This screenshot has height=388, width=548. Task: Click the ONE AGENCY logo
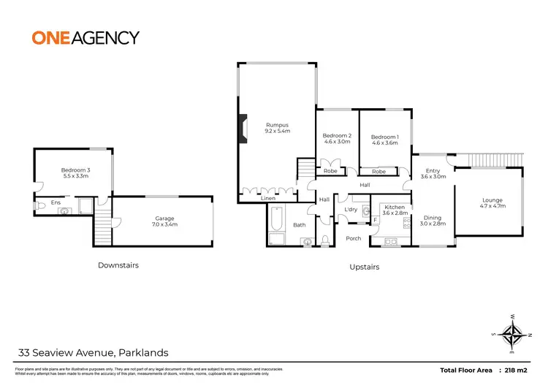pos(85,37)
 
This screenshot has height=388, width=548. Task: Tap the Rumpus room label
pos(278,128)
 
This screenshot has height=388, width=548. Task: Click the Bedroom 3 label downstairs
pos(75,172)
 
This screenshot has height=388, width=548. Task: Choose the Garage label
pos(165,220)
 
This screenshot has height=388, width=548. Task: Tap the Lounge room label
pos(492,203)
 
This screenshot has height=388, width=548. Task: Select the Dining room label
pos(433,220)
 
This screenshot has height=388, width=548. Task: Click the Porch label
pos(354,238)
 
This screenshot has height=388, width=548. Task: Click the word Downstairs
pos(118,265)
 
